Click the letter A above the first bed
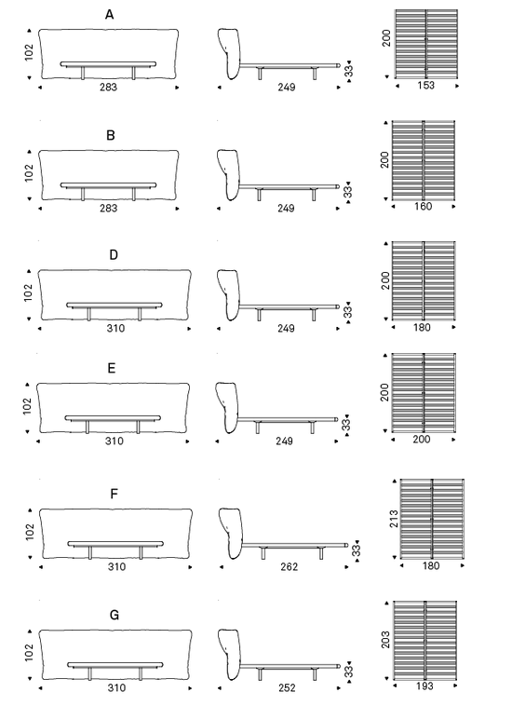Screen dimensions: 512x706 pos(109,15)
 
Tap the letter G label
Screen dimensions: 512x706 pos(115,615)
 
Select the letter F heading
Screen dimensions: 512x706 pos(114,494)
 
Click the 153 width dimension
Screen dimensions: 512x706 pos(425,85)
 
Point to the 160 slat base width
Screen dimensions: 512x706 pos(423,206)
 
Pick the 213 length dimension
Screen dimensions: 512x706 pos(394,519)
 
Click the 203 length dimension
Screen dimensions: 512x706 pos(385,639)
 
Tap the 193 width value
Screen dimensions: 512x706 pos(424,686)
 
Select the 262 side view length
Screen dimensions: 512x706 pos(289,567)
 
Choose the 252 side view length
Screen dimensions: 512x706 pos(287,687)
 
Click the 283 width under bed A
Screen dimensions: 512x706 pos(108,87)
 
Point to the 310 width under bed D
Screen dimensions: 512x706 pos(115,328)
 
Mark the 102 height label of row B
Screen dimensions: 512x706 pos(29,173)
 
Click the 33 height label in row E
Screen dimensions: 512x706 pos(345,425)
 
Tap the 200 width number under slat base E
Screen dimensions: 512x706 pos(422,439)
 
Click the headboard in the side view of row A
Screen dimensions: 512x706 pos(229,53)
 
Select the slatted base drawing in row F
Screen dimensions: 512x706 pos(432,519)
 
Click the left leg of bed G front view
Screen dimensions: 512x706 pos(90,673)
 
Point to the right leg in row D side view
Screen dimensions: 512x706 pos(314,315)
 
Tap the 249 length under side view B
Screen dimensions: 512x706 pos(286,208)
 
